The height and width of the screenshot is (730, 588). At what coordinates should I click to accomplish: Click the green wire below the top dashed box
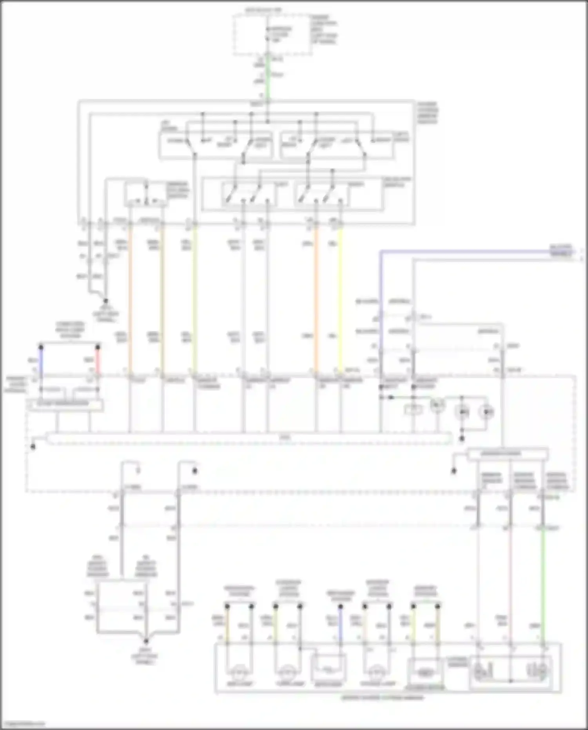[268, 76]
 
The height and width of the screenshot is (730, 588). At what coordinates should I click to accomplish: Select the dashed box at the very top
[272, 35]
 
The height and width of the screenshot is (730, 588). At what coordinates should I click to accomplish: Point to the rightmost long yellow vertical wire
[340, 298]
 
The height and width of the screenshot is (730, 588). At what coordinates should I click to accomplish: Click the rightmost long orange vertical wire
[316, 298]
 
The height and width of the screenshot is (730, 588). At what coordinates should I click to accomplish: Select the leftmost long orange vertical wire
[130, 298]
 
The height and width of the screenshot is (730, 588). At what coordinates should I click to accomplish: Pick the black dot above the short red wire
[98, 347]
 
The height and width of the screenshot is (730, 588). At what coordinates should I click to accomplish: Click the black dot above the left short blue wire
[41, 347]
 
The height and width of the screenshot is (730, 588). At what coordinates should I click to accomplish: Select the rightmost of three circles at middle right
[486, 412]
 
